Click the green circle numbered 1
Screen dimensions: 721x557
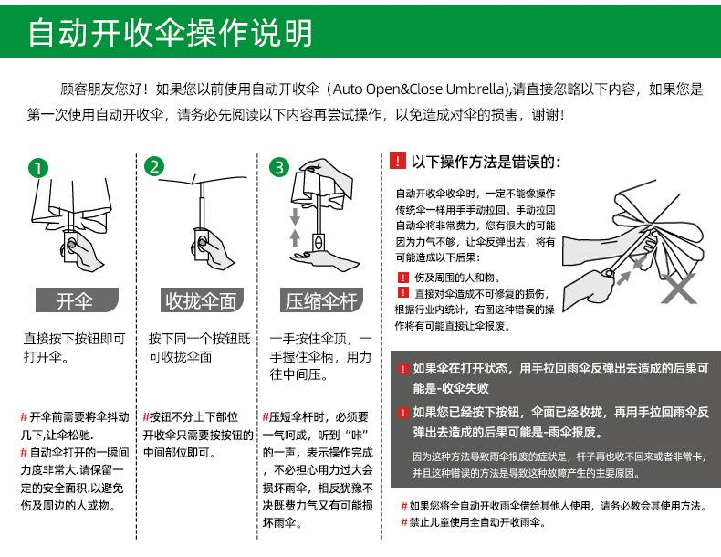pos(37,168)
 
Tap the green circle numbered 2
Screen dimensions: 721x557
pos(154,166)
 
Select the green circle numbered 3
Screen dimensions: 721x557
pos(279,167)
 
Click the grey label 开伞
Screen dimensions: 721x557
pos(77,300)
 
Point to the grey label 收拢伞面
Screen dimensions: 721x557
pos(202,300)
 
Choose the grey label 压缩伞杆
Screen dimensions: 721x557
pos(321,300)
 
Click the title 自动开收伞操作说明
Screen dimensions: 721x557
pos(171,33)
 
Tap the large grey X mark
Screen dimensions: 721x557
pos(679,288)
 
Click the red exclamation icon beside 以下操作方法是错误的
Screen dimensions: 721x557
pos(398,161)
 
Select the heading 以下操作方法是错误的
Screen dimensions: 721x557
pos(486,162)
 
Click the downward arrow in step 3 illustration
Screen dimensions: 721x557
pos(295,215)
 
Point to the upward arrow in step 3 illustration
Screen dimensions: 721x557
pos(295,237)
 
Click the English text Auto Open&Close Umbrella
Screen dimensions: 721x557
pos(419,89)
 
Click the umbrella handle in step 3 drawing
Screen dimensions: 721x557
pos(319,242)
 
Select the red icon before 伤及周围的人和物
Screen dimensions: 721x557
pos(402,278)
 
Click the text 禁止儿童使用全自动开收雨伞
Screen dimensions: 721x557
pos(477,522)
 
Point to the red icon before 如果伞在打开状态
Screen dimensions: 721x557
pos(403,368)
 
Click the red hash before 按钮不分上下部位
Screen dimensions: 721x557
pos(146,416)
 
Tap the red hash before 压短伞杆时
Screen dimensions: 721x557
pos(266,416)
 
